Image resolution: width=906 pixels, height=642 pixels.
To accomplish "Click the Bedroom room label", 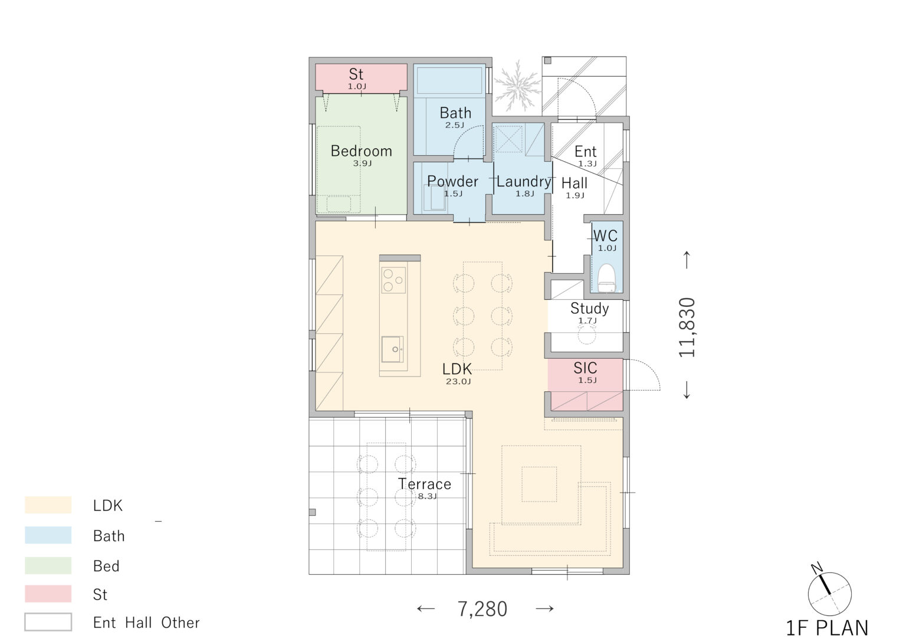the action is point(361,151).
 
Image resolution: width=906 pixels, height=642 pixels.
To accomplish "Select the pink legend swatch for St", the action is point(48,594).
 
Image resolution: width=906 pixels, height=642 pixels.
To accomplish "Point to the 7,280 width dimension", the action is point(482,609).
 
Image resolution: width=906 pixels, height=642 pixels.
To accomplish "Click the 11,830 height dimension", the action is point(687,327).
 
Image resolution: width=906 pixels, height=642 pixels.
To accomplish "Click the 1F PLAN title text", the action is point(827,628).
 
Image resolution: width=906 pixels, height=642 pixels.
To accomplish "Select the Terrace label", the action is point(424,484).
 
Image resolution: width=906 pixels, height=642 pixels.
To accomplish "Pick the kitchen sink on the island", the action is point(392,349).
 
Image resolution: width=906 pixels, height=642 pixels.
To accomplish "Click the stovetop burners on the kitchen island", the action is point(393,280).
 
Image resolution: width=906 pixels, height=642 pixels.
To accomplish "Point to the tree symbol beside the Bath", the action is point(517,87).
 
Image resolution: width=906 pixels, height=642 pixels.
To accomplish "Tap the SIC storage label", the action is point(585,368).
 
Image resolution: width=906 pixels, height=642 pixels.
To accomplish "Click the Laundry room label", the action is point(524,182).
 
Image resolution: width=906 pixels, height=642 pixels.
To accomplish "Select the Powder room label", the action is point(452,181).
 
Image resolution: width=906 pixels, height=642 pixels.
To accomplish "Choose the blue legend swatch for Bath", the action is point(48,535).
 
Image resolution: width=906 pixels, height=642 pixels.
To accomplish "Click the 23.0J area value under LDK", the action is point(458,381).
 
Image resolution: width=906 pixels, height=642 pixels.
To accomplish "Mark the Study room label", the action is point(589,308).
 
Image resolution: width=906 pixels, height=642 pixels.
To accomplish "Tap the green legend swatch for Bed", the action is point(48,565).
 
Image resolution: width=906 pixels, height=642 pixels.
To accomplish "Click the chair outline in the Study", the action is point(587,334).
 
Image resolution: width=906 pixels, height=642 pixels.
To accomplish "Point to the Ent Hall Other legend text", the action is point(146,623).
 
